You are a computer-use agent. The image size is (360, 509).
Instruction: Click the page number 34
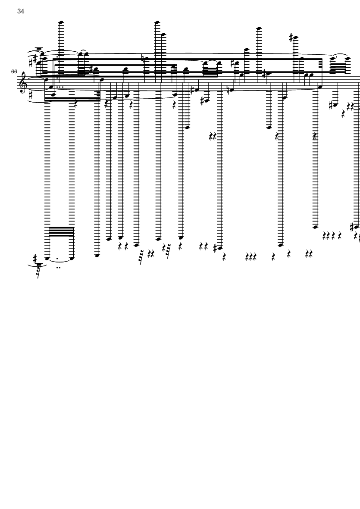point(21,11)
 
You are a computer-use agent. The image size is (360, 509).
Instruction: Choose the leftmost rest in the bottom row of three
point(247,258)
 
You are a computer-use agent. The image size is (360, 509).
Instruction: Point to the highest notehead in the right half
point(258,29)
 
